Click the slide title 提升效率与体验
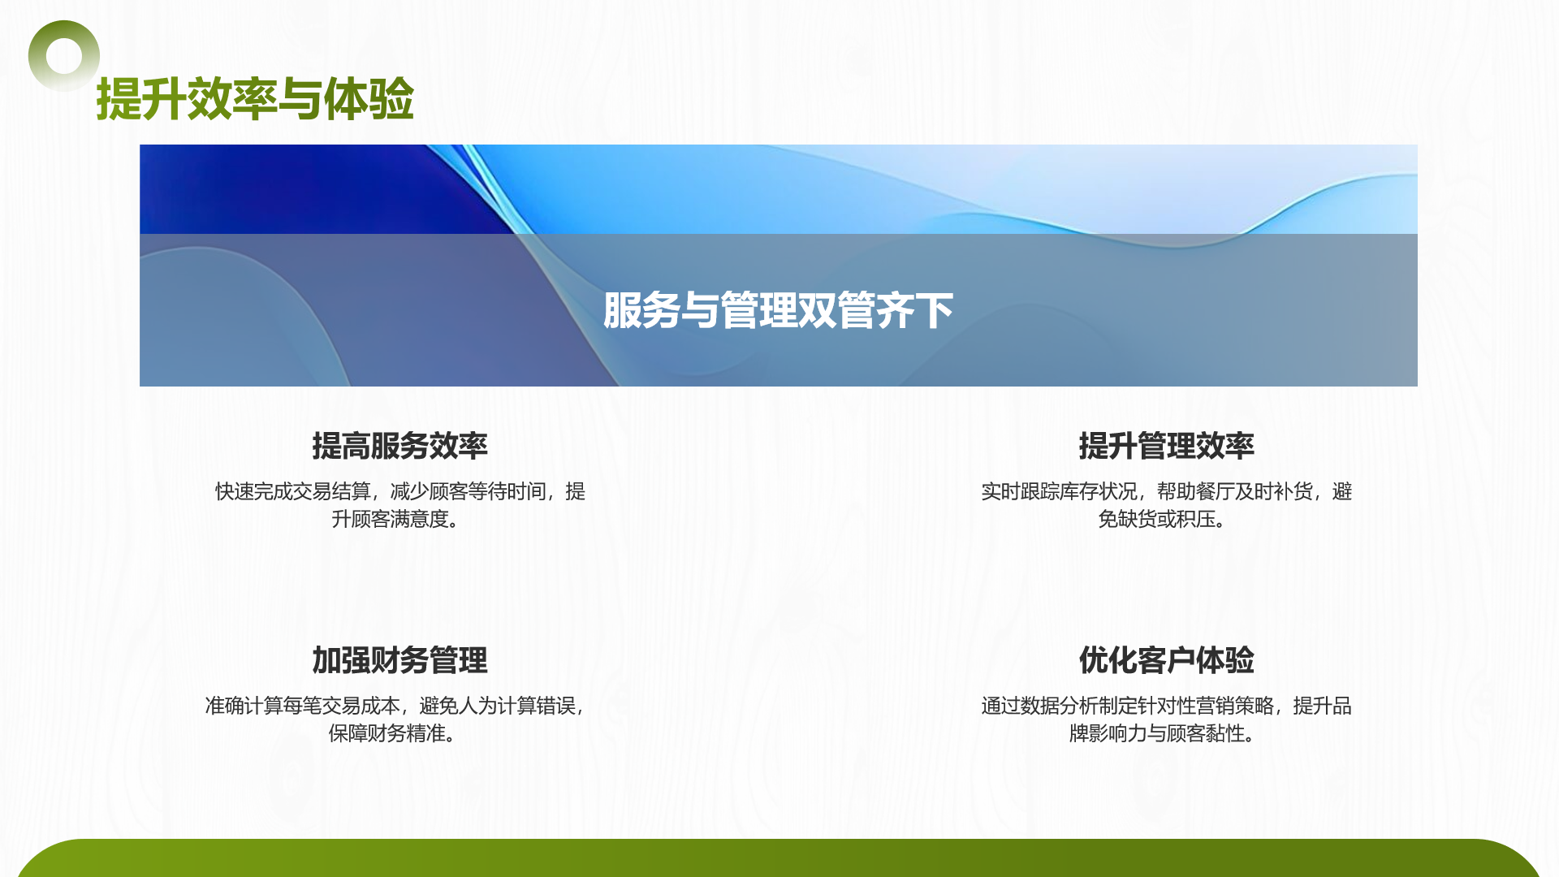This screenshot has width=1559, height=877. coord(255,99)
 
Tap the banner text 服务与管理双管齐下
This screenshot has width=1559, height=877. coord(778,310)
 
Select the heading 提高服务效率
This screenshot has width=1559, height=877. coord(399,446)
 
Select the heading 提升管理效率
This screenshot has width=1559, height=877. coord(1166,446)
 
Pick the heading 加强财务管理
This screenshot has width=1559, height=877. coord(399,660)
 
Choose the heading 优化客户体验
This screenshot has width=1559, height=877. coord(1166,660)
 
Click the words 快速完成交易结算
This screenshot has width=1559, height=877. coord(292,491)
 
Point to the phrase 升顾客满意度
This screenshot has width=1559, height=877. coord(390,519)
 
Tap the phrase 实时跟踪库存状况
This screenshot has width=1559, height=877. coord(1059,491)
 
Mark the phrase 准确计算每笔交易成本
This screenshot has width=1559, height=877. coord(302,706)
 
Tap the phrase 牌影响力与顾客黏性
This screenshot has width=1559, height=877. coord(1156,733)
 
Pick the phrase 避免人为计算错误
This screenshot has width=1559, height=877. coord(497,706)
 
